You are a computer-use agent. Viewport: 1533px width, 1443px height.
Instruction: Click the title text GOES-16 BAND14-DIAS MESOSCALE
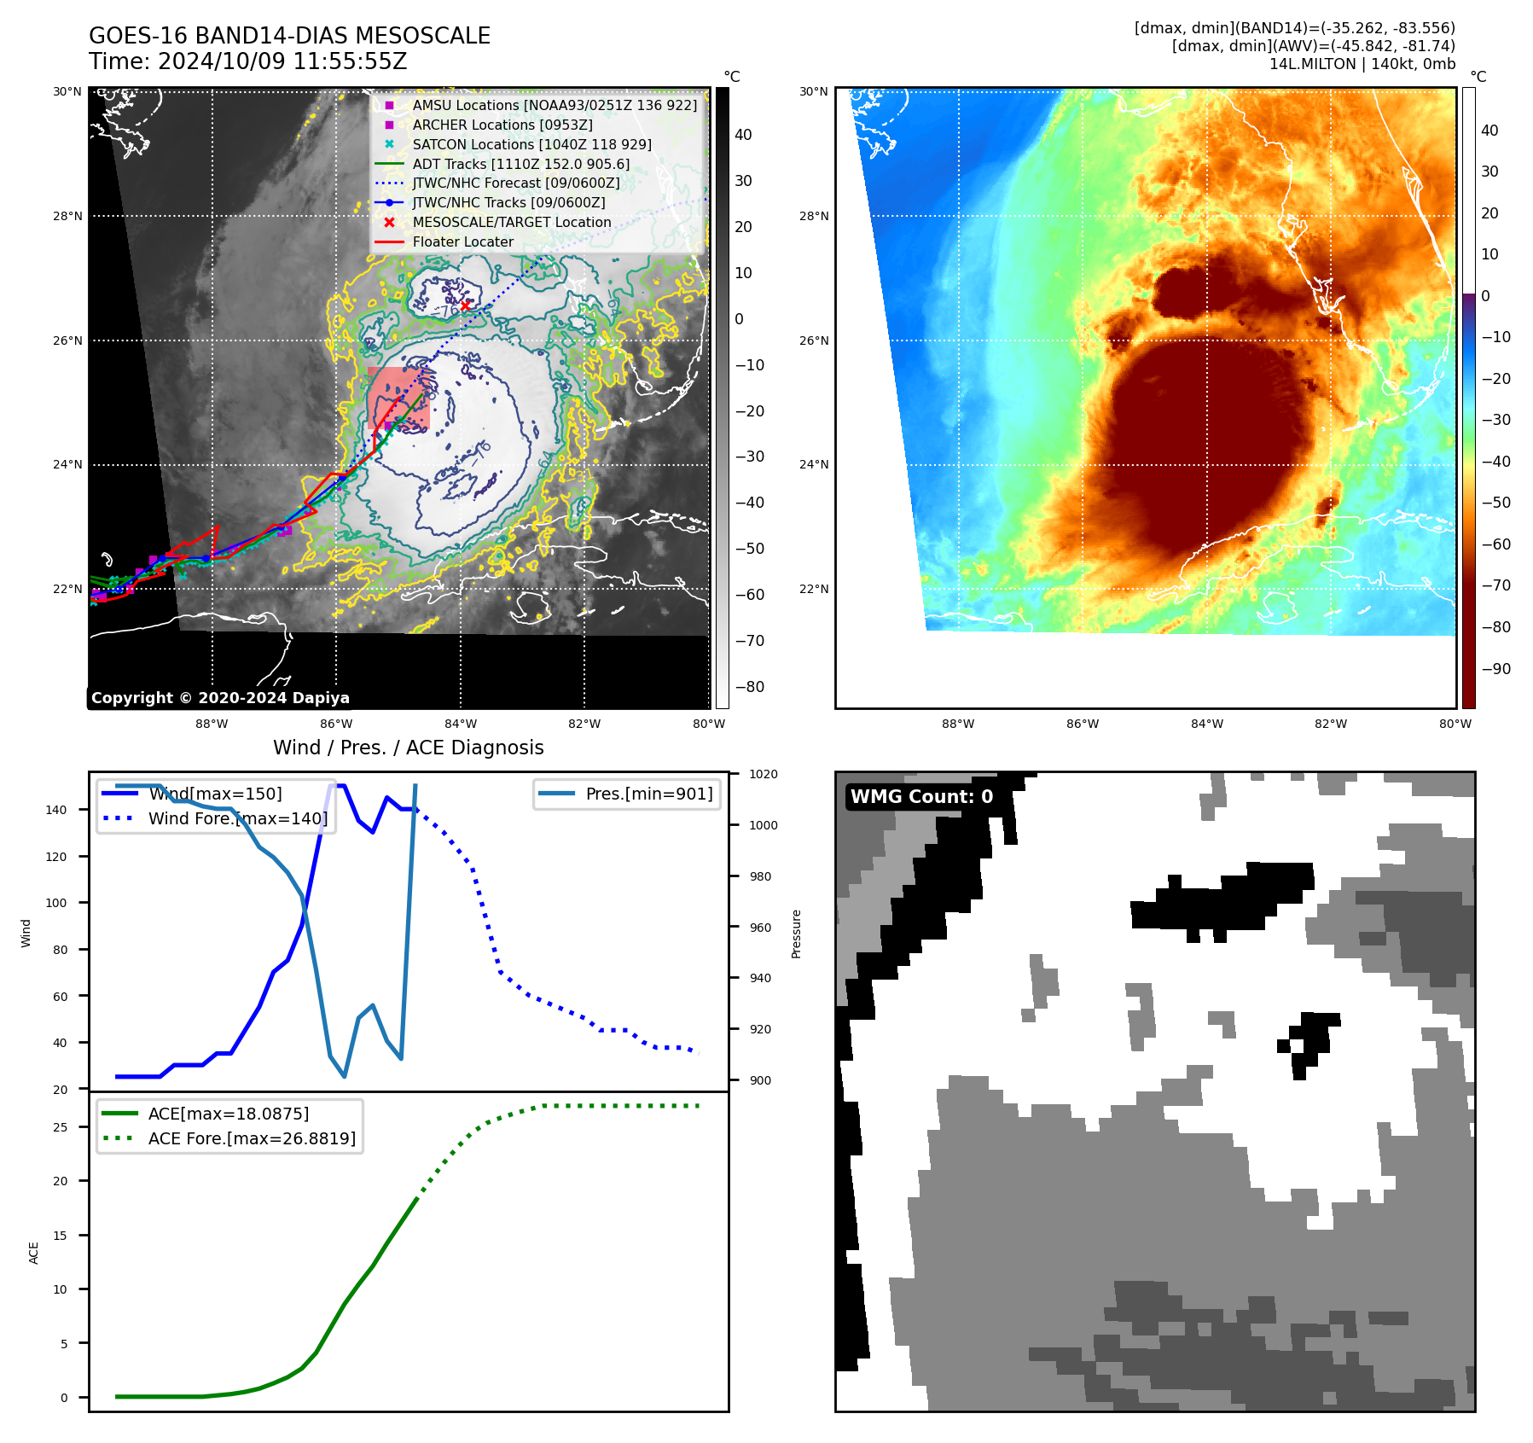pyautogui.click(x=289, y=36)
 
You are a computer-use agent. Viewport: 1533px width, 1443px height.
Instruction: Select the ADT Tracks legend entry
pyautogui.click(x=520, y=164)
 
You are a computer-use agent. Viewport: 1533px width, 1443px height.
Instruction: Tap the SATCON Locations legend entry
pyautogui.click(x=531, y=144)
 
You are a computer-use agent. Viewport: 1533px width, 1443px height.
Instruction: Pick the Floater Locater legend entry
pyautogui.click(x=462, y=241)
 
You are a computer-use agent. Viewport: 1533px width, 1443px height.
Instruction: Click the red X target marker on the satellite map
pyautogui.click(x=465, y=305)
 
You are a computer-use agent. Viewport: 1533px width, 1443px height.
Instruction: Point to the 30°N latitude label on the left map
pyautogui.click(x=67, y=91)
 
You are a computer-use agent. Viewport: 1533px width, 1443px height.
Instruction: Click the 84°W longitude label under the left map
pyautogui.click(x=461, y=724)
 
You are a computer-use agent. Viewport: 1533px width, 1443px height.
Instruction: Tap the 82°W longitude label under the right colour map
pyautogui.click(x=1331, y=724)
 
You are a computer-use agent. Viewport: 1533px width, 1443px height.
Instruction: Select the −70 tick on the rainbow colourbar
pyautogui.click(x=1495, y=585)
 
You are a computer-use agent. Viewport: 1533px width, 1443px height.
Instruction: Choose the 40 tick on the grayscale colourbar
pyautogui.click(x=743, y=135)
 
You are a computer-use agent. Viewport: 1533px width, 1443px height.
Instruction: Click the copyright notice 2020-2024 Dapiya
pyautogui.click(x=220, y=698)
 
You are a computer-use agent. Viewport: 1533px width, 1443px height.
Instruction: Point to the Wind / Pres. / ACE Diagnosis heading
pyautogui.click(x=408, y=748)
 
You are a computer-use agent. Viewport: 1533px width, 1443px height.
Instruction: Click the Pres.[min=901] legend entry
pyautogui.click(x=649, y=794)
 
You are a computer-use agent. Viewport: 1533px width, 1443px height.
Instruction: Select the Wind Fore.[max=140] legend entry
pyautogui.click(x=237, y=818)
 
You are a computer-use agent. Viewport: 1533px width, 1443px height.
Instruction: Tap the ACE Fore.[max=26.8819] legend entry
pyautogui.click(x=252, y=1138)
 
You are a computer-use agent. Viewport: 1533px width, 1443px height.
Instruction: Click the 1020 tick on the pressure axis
pyautogui.click(x=764, y=774)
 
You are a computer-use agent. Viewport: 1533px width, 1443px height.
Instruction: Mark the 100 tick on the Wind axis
pyautogui.click(x=56, y=903)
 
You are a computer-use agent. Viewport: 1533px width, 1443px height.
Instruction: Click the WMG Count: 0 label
pyautogui.click(x=921, y=797)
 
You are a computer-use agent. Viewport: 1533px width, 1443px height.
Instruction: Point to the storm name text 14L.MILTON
pyautogui.click(x=1312, y=64)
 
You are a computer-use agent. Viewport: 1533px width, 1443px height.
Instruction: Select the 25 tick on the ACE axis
pyautogui.click(x=60, y=1127)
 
